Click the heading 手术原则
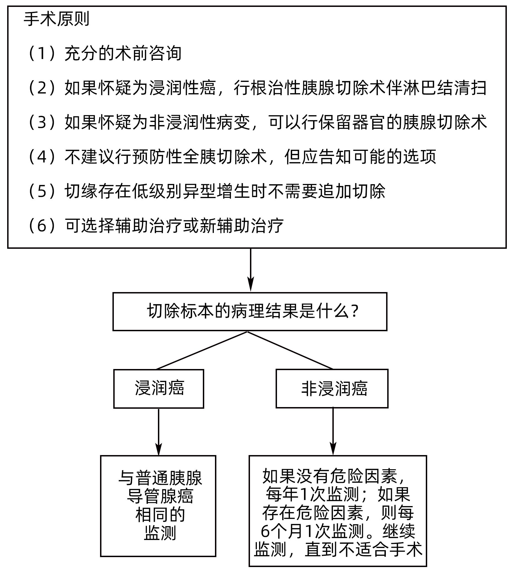56,19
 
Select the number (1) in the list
42,54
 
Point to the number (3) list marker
42,123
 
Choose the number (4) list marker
42,157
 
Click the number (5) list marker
42,191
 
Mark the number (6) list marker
42,226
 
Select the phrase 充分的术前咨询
123,54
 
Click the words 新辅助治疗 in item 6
242,226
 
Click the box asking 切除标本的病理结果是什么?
250,311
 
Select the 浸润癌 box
159,389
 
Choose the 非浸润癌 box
332,389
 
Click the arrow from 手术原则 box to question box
251,270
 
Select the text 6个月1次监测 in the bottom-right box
312,531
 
